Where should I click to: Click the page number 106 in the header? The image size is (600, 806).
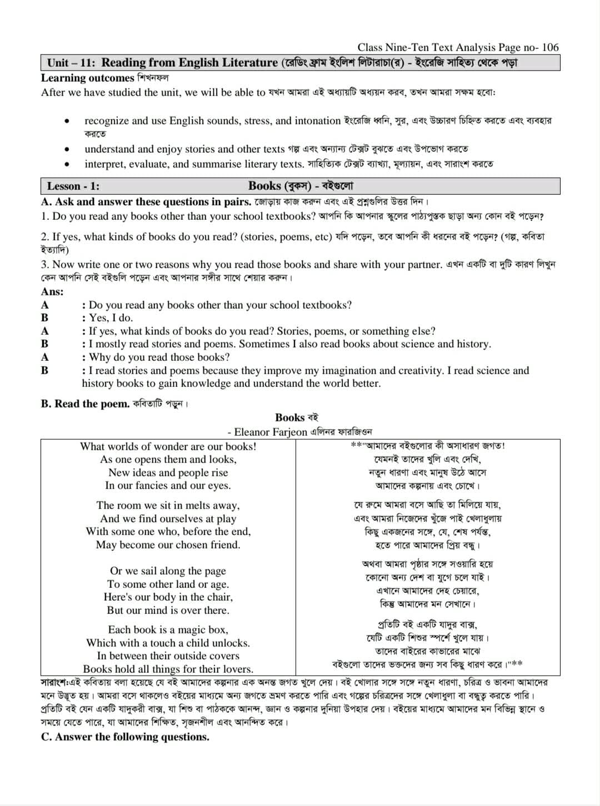click(x=550, y=48)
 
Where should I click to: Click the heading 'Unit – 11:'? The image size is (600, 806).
click(x=71, y=63)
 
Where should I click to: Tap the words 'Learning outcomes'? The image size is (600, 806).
click(x=88, y=78)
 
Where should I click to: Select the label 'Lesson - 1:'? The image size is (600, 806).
click(x=73, y=187)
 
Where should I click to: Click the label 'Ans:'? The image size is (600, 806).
click(x=52, y=292)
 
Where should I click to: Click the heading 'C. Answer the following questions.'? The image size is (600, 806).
click(x=125, y=737)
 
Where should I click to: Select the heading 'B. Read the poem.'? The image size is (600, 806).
click(x=85, y=404)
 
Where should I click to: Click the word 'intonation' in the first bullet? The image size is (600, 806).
click(x=316, y=121)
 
